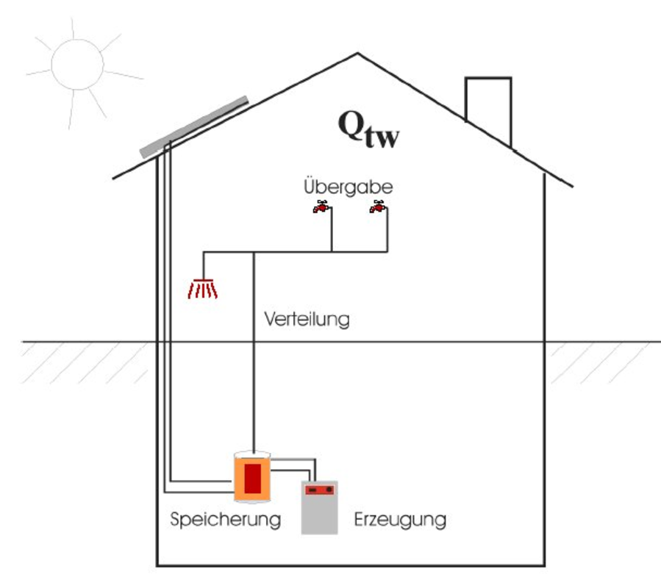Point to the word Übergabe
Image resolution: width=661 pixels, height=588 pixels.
click(348, 187)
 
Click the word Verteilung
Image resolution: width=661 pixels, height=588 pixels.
click(307, 320)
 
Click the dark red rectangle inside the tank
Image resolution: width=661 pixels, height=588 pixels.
click(253, 479)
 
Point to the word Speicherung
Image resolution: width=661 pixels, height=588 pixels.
click(225, 520)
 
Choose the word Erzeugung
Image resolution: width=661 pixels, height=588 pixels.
click(400, 520)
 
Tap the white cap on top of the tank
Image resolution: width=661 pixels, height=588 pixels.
click(252, 453)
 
